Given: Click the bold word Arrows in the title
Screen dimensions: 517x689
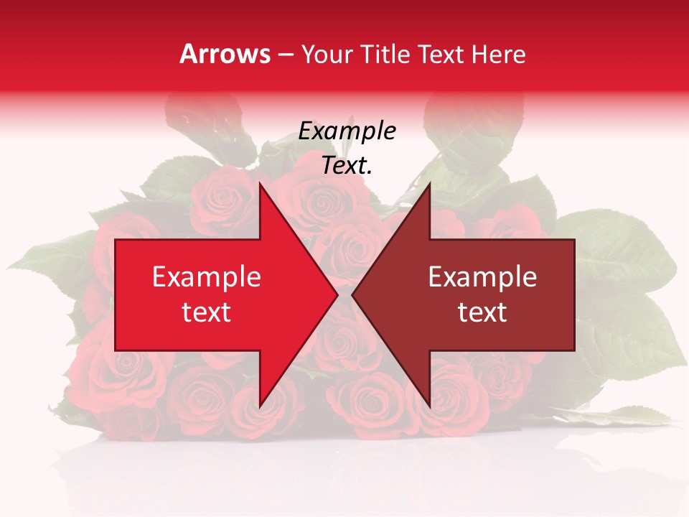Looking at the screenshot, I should point(225,54).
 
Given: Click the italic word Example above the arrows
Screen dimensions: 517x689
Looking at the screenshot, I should point(347,131).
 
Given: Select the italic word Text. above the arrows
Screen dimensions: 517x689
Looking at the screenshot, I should point(347,166).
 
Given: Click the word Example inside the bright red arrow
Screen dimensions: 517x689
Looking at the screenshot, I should point(206,276).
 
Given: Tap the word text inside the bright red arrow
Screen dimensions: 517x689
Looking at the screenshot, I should point(206,312).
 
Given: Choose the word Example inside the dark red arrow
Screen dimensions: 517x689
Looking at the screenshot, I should point(482,276).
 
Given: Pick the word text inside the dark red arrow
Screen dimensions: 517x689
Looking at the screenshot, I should point(482,312).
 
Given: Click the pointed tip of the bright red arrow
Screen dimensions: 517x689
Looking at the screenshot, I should point(337,294).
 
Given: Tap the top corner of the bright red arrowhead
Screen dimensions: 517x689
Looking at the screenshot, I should point(260,184).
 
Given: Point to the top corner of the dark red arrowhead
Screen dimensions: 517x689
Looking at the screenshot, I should point(429,184).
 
